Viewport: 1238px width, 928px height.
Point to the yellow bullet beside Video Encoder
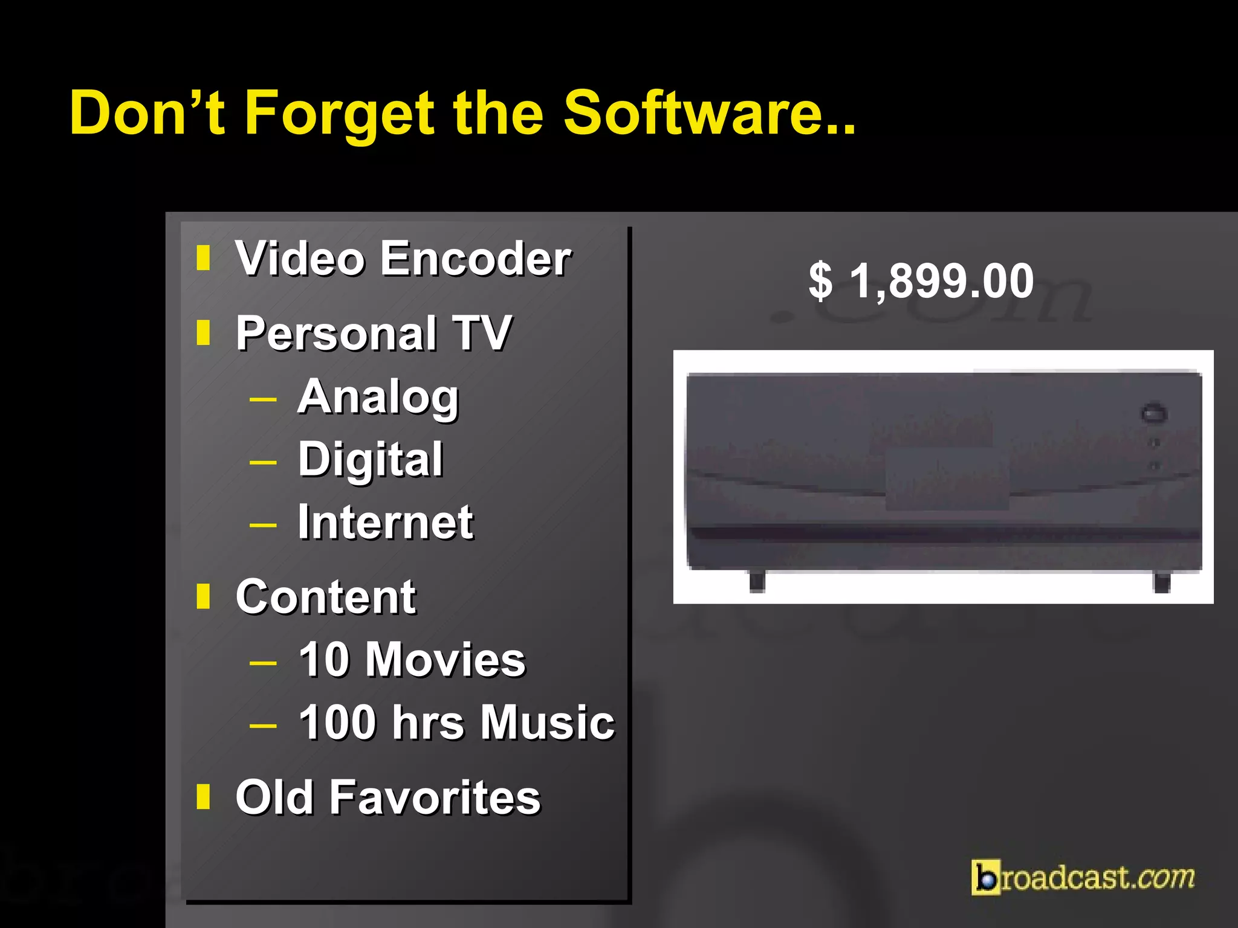203,258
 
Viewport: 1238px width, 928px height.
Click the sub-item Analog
378,397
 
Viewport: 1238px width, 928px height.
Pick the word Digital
371,459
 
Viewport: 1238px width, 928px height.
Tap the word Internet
386,522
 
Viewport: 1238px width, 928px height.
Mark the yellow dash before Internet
263,524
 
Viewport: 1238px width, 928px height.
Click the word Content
326,597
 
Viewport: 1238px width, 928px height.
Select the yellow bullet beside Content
203,596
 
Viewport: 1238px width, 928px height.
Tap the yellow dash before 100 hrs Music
263,725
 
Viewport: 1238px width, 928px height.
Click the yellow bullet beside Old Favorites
203,796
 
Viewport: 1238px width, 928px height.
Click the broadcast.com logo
1083,877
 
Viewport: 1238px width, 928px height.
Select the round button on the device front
1153,414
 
